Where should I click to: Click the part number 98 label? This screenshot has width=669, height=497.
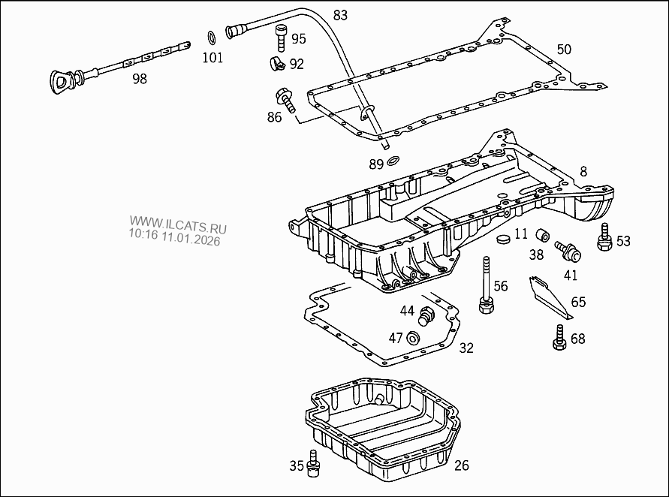coord(139,78)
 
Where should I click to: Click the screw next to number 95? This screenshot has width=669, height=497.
coord(281,35)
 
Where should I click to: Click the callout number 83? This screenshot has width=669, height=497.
coord(340,15)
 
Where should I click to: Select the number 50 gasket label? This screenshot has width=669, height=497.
coord(563,50)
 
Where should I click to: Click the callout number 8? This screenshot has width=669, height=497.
coord(583,172)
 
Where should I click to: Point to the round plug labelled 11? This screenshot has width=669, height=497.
coord(504,239)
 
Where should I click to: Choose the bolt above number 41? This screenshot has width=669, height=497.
coord(565,248)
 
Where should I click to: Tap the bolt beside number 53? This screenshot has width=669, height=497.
coord(602,237)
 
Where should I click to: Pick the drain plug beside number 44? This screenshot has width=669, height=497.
coord(426,316)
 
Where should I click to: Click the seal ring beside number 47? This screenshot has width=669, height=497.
coord(413,339)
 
